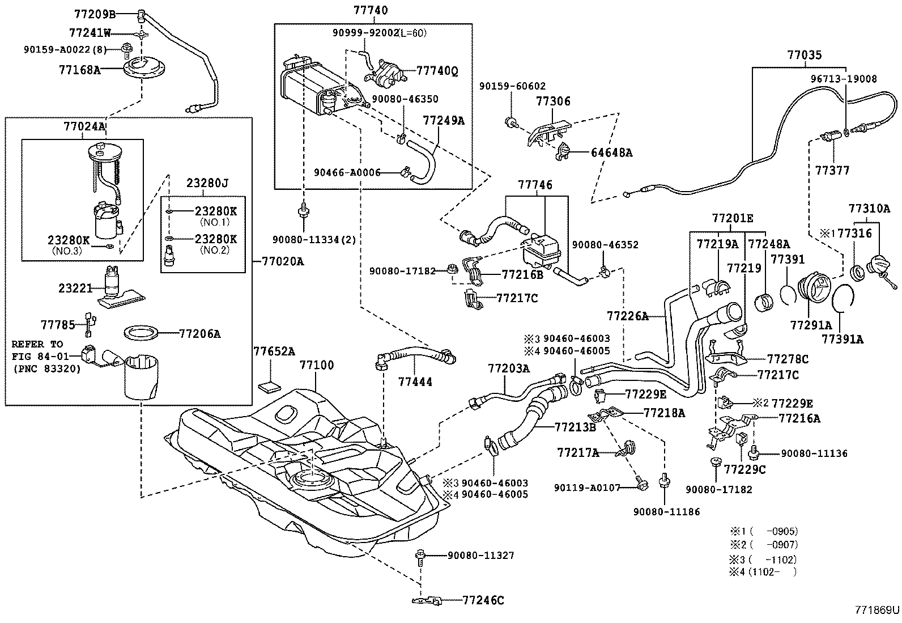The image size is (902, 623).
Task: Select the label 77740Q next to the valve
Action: click(437, 71)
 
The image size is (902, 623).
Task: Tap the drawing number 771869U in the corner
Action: click(878, 610)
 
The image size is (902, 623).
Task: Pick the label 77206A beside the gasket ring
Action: click(200, 333)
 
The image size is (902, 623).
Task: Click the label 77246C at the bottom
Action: click(483, 600)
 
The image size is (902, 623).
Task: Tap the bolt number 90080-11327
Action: click(480, 555)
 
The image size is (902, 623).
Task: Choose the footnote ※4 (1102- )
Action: click(763, 572)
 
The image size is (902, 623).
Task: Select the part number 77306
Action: click(553, 101)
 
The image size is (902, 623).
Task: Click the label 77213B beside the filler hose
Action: click(575, 427)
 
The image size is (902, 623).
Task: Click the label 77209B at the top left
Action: click(95, 13)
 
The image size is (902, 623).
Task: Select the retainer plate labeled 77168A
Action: click(142, 68)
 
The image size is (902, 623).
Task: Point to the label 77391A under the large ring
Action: click(843, 339)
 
